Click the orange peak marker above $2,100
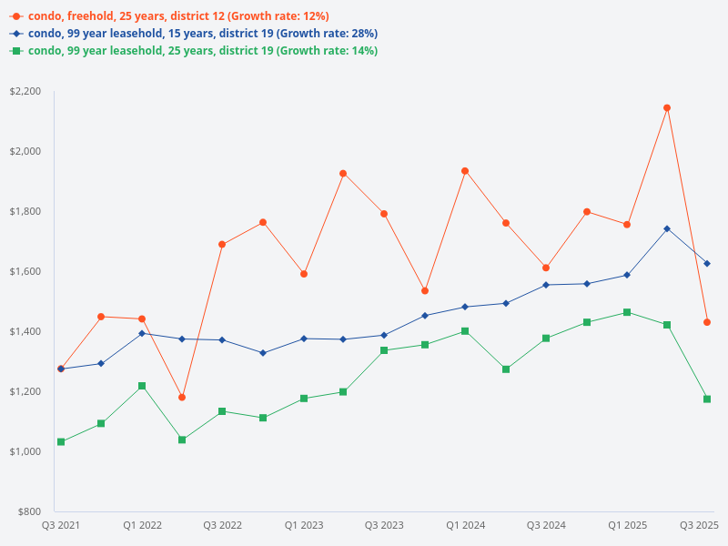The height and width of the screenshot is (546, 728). pos(667,107)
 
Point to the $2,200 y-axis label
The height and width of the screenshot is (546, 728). pos(25,91)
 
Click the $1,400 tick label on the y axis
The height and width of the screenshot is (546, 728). pos(25,331)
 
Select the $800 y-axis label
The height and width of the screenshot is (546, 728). pos(29,511)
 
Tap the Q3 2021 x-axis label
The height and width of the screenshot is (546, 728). pos(61,526)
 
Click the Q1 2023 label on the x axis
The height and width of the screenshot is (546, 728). pos(304,526)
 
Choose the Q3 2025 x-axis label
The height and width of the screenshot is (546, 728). pos(700,526)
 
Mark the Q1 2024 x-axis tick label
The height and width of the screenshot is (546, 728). pos(465,526)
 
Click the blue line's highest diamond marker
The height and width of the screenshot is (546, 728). pos(667,228)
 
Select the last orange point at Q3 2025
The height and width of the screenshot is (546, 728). pos(707,322)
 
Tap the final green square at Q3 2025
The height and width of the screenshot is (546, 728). pos(707,399)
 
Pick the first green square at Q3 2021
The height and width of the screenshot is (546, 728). pos(61,442)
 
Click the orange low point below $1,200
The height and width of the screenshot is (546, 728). pos(182,398)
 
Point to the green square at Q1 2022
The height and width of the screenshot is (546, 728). pos(142,386)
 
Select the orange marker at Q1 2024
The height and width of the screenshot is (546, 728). pos(465,171)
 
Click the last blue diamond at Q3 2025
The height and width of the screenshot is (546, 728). pos(707,264)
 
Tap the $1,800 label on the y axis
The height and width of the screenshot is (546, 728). pos(25,211)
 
